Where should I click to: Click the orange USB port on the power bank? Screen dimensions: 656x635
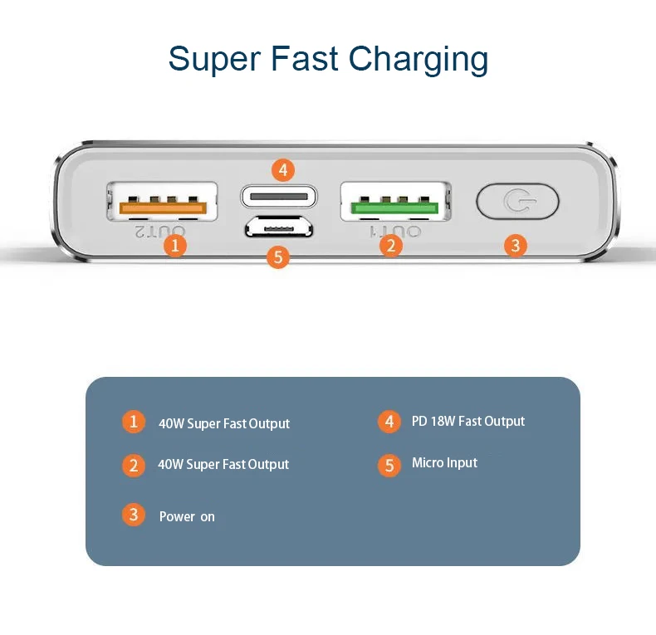(162, 201)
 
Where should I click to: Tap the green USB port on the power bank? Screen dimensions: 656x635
(395, 201)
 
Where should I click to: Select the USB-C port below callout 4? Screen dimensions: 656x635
(279, 196)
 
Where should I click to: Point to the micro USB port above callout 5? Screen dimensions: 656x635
(279, 227)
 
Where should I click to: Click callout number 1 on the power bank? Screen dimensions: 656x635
(175, 245)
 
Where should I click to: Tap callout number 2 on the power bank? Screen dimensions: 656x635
(391, 245)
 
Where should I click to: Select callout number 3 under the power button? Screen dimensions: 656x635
(516, 246)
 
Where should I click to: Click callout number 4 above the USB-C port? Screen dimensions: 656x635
(283, 170)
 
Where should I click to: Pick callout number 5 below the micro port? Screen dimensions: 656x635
(278, 256)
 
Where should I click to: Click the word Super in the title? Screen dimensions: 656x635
(214, 60)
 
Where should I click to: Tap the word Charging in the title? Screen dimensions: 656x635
(419, 60)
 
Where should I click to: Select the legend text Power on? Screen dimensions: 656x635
(187, 516)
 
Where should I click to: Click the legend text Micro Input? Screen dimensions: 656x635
(444, 462)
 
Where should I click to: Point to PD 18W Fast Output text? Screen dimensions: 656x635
(468, 421)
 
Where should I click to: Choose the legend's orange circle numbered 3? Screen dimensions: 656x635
(134, 515)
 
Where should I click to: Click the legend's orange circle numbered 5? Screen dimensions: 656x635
(389, 465)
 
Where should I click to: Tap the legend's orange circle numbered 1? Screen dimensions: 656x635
(134, 422)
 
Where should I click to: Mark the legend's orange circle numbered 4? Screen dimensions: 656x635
(389, 422)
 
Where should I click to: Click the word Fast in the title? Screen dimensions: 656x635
(305, 59)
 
